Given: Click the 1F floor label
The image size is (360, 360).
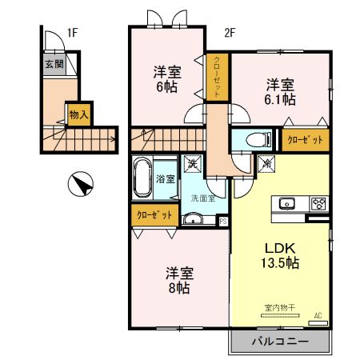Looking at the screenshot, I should click(x=71, y=33).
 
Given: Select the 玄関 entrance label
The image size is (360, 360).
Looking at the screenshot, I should click(x=54, y=64).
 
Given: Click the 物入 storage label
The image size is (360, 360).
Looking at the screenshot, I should click(x=78, y=115).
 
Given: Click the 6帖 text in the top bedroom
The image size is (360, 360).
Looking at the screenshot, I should click(x=167, y=88).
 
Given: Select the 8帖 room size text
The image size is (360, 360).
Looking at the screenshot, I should click(x=178, y=286).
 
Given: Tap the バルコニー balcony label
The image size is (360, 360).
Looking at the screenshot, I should click(x=280, y=341).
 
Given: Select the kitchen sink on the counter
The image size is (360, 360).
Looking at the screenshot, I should click(x=288, y=202).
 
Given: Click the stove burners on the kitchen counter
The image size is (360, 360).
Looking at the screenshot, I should click(x=318, y=202).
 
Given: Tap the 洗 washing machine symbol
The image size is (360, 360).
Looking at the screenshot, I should click(x=193, y=163).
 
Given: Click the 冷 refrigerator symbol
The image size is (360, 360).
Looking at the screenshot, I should click(x=266, y=163).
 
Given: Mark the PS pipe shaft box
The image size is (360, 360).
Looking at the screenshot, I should click(x=222, y=222).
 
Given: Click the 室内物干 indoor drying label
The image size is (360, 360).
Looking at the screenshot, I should click(x=279, y=307).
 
